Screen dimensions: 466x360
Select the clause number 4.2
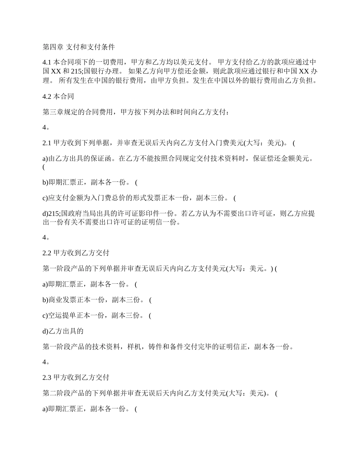(x=47, y=97)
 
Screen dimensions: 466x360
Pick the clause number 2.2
(x=47, y=253)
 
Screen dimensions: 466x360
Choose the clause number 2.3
(x=47, y=378)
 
